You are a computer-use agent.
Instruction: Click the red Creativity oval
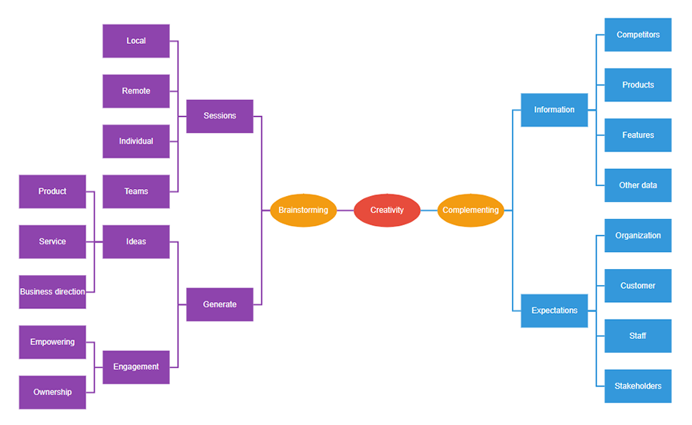387,211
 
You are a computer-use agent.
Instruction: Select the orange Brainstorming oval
303,211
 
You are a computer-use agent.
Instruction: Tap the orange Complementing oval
471,211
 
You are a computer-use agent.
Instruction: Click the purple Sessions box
220,116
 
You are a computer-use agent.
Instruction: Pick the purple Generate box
220,304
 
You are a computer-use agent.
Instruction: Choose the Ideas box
136,242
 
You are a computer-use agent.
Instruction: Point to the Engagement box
136,367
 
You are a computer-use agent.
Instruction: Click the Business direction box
52,292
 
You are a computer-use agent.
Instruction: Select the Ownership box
52,393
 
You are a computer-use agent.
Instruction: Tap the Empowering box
52,342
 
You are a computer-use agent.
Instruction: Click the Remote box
136,91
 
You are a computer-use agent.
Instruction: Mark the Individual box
136,141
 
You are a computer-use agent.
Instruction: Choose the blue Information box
554,110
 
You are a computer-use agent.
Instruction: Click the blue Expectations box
554,310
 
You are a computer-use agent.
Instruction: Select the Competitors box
638,35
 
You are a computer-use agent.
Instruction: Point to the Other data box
638,185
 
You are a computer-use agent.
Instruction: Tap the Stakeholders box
638,387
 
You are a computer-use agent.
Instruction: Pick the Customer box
638,286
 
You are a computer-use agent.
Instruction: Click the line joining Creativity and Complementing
429,211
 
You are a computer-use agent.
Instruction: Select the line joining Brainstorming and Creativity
345,211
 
